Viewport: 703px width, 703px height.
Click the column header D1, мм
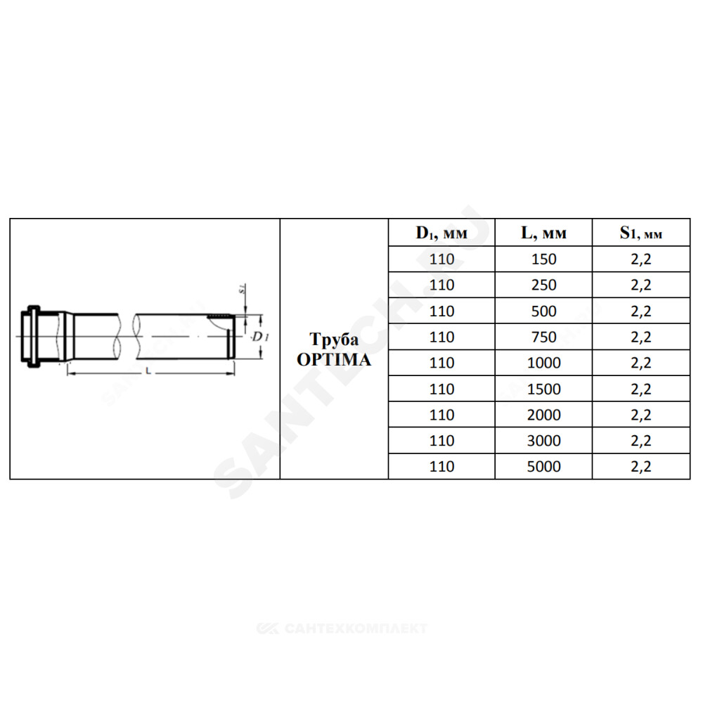point(441,233)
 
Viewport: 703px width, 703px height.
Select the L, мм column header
point(543,233)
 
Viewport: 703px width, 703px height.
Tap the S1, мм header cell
point(640,233)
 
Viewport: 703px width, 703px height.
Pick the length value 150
point(543,259)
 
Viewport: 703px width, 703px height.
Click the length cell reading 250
point(543,285)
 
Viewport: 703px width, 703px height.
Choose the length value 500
point(543,311)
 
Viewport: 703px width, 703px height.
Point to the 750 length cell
point(543,337)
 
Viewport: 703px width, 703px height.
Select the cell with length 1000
point(543,363)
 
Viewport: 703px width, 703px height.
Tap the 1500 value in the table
point(543,389)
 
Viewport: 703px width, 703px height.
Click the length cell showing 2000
point(543,415)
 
